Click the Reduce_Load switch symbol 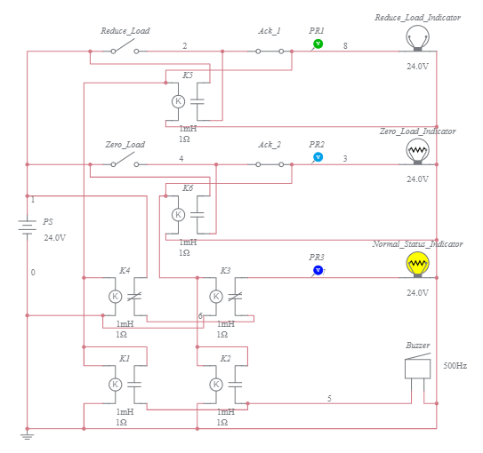pos(125,50)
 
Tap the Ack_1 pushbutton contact pos(270,51)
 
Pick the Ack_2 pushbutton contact pos(270,164)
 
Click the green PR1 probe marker pos(318,44)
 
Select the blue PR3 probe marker pos(318,270)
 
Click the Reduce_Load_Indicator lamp pos(416,37)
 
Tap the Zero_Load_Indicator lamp pos(416,151)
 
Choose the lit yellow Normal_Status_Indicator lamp pos(416,264)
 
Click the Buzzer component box pos(416,368)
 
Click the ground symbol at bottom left pos(27,435)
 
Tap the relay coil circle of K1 pos(115,384)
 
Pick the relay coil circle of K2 pos(215,384)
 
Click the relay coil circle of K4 pos(115,297)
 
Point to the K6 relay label pos(187,188)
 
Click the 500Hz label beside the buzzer pos(455,366)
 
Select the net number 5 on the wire pos(329,399)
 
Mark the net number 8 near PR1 pos(345,45)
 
